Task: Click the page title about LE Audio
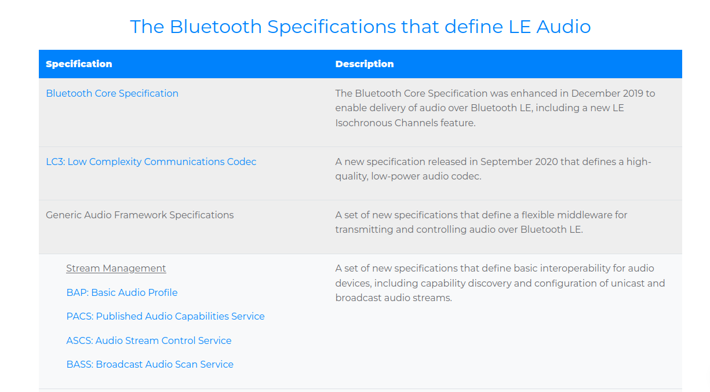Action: [361, 27]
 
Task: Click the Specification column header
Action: [79, 64]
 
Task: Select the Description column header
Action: [365, 64]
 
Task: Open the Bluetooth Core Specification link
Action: [112, 93]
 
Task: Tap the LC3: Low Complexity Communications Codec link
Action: [151, 162]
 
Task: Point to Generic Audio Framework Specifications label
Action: [140, 215]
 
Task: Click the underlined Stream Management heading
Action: [116, 269]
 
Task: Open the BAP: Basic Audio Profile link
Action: [122, 292]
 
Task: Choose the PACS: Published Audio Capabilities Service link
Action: [165, 316]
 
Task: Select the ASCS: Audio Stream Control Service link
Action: [149, 340]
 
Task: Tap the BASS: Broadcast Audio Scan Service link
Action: [150, 364]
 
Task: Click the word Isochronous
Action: [363, 123]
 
